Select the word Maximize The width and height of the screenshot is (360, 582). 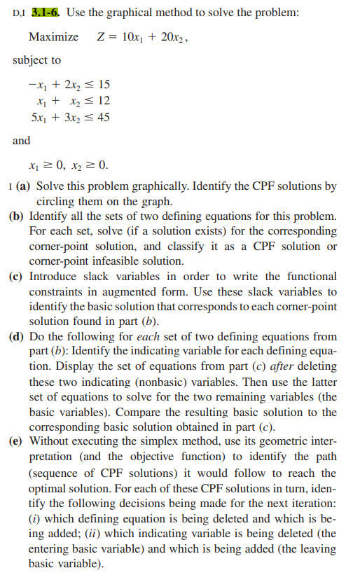point(53,36)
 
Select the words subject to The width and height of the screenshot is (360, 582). point(37,60)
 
